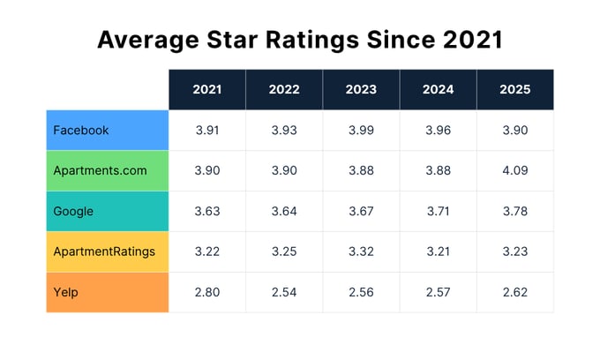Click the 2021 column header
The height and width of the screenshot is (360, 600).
(x=207, y=90)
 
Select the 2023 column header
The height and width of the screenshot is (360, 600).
(x=361, y=90)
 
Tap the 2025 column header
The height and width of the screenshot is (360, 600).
(x=515, y=90)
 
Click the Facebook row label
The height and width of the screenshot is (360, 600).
(x=81, y=130)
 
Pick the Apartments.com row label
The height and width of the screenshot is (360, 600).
(x=100, y=171)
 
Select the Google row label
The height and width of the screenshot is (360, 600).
(x=73, y=212)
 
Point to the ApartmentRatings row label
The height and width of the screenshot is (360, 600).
(x=103, y=252)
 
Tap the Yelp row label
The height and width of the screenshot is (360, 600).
(x=67, y=293)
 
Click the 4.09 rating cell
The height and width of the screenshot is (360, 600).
(x=515, y=171)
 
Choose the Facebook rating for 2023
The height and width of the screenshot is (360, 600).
(x=361, y=130)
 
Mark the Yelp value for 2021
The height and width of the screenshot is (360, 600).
(x=207, y=293)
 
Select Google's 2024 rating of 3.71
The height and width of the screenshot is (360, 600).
(x=439, y=212)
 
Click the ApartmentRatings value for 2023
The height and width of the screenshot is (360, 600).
(x=361, y=252)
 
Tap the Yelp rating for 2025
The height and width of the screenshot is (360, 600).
(x=515, y=293)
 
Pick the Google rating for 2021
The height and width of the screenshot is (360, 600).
(x=207, y=212)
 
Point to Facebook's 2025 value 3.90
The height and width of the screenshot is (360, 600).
(x=515, y=130)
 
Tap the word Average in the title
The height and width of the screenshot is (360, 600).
(x=145, y=40)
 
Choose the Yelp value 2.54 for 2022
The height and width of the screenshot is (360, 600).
(x=284, y=293)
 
